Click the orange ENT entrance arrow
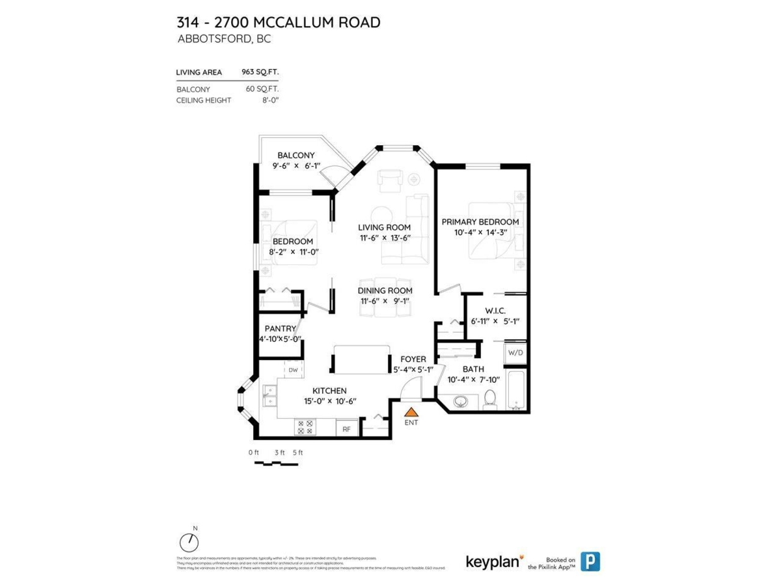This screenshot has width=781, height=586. (x=411, y=412)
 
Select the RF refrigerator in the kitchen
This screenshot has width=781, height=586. (x=346, y=428)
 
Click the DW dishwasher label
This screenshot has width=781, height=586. (x=293, y=370)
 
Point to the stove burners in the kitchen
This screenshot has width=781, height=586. (x=305, y=427)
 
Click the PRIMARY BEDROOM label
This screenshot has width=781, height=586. (x=480, y=222)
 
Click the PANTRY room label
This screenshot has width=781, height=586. (x=280, y=329)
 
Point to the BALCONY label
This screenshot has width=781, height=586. (x=295, y=156)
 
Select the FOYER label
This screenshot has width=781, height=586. (x=413, y=359)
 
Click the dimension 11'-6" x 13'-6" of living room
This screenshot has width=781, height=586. (x=384, y=238)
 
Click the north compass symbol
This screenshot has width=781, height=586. (x=189, y=541)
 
